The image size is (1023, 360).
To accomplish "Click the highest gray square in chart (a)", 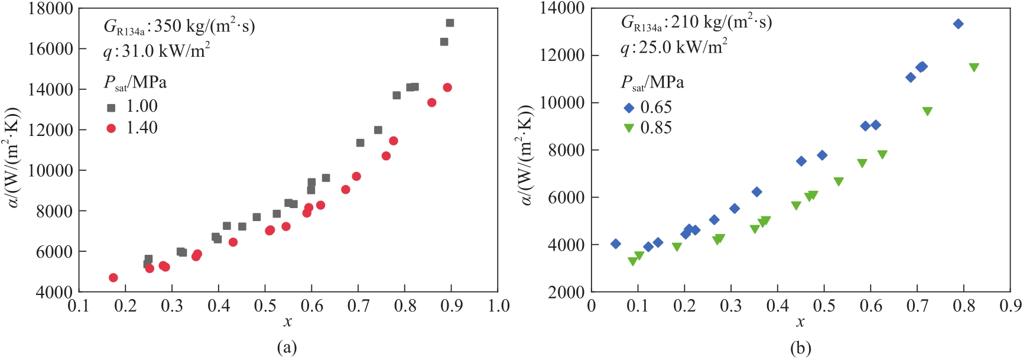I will pyautogui.click(x=450, y=23).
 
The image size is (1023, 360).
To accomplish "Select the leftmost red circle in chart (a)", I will pyautogui.click(x=113, y=278).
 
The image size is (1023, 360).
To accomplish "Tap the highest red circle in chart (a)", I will pyautogui.click(x=447, y=87).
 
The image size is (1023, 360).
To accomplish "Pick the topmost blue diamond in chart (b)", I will pyautogui.click(x=958, y=24).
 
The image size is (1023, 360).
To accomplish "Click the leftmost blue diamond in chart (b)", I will pyautogui.click(x=616, y=244).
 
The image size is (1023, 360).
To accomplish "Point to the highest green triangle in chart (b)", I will pyautogui.click(x=974, y=67).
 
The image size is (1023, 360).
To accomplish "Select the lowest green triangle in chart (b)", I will pyautogui.click(x=633, y=261).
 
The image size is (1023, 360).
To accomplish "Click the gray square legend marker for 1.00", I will pyautogui.click(x=111, y=108).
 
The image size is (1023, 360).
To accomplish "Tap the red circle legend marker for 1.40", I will pyautogui.click(x=111, y=128).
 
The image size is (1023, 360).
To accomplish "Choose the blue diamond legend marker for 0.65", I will pyautogui.click(x=629, y=108).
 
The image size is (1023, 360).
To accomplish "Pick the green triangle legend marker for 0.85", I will pyautogui.click(x=629, y=128).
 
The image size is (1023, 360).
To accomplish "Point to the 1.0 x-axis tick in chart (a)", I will pyautogui.click(x=498, y=306).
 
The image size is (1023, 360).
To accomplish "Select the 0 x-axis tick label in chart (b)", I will pyautogui.click(x=592, y=306).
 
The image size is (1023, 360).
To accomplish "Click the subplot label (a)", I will pyautogui.click(x=287, y=348).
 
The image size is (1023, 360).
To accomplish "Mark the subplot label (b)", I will pyautogui.click(x=800, y=348).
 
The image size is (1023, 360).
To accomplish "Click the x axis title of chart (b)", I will pyautogui.click(x=800, y=322).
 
